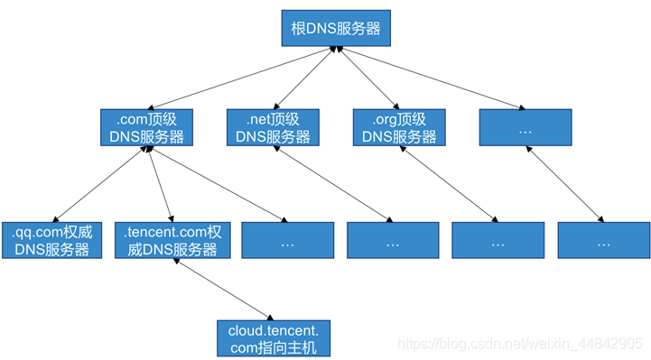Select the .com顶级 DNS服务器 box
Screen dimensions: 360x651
point(146,128)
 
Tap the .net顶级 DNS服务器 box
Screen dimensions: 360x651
point(273,128)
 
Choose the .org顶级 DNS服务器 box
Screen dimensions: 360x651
point(399,128)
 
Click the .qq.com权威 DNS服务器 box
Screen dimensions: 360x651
point(51,240)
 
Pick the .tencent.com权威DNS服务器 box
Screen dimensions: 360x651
point(172,240)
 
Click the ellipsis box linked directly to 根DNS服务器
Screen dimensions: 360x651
point(525,128)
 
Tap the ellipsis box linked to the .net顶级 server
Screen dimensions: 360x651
point(393,240)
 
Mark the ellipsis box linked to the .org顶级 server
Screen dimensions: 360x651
point(498,240)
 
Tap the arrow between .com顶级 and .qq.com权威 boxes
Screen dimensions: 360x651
point(99,185)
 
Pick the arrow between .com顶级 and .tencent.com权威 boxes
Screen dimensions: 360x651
point(160,185)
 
